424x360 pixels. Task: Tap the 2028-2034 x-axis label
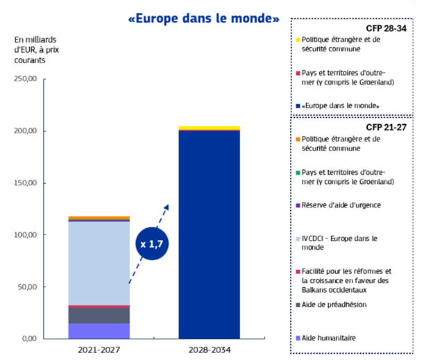click(209, 351)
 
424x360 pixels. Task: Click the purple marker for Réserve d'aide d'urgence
click(298, 205)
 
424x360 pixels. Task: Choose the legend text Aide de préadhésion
click(334, 305)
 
